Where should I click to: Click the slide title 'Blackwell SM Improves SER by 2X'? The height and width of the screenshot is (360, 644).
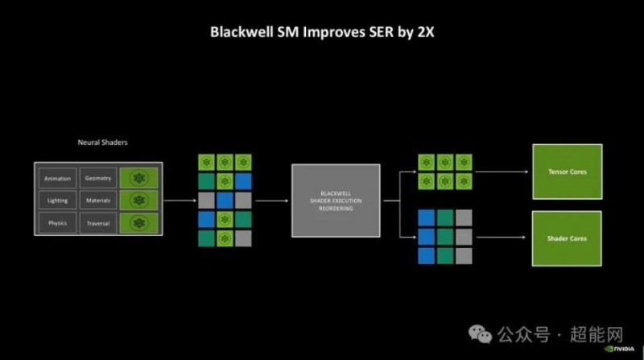[x=322, y=33]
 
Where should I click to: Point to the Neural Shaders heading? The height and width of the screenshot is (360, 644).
[x=102, y=142]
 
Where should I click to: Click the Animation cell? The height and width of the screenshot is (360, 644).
[x=58, y=179]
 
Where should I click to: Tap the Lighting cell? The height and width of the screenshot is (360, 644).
[x=58, y=200]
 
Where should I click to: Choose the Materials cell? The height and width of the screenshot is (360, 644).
[x=98, y=200]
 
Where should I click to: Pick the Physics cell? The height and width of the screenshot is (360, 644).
[x=58, y=222]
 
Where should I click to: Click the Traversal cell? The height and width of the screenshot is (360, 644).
[x=98, y=222]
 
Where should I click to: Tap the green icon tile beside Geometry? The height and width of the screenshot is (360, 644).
[x=139, y=178]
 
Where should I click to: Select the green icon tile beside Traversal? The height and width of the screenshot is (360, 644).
[x=139, y=222]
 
